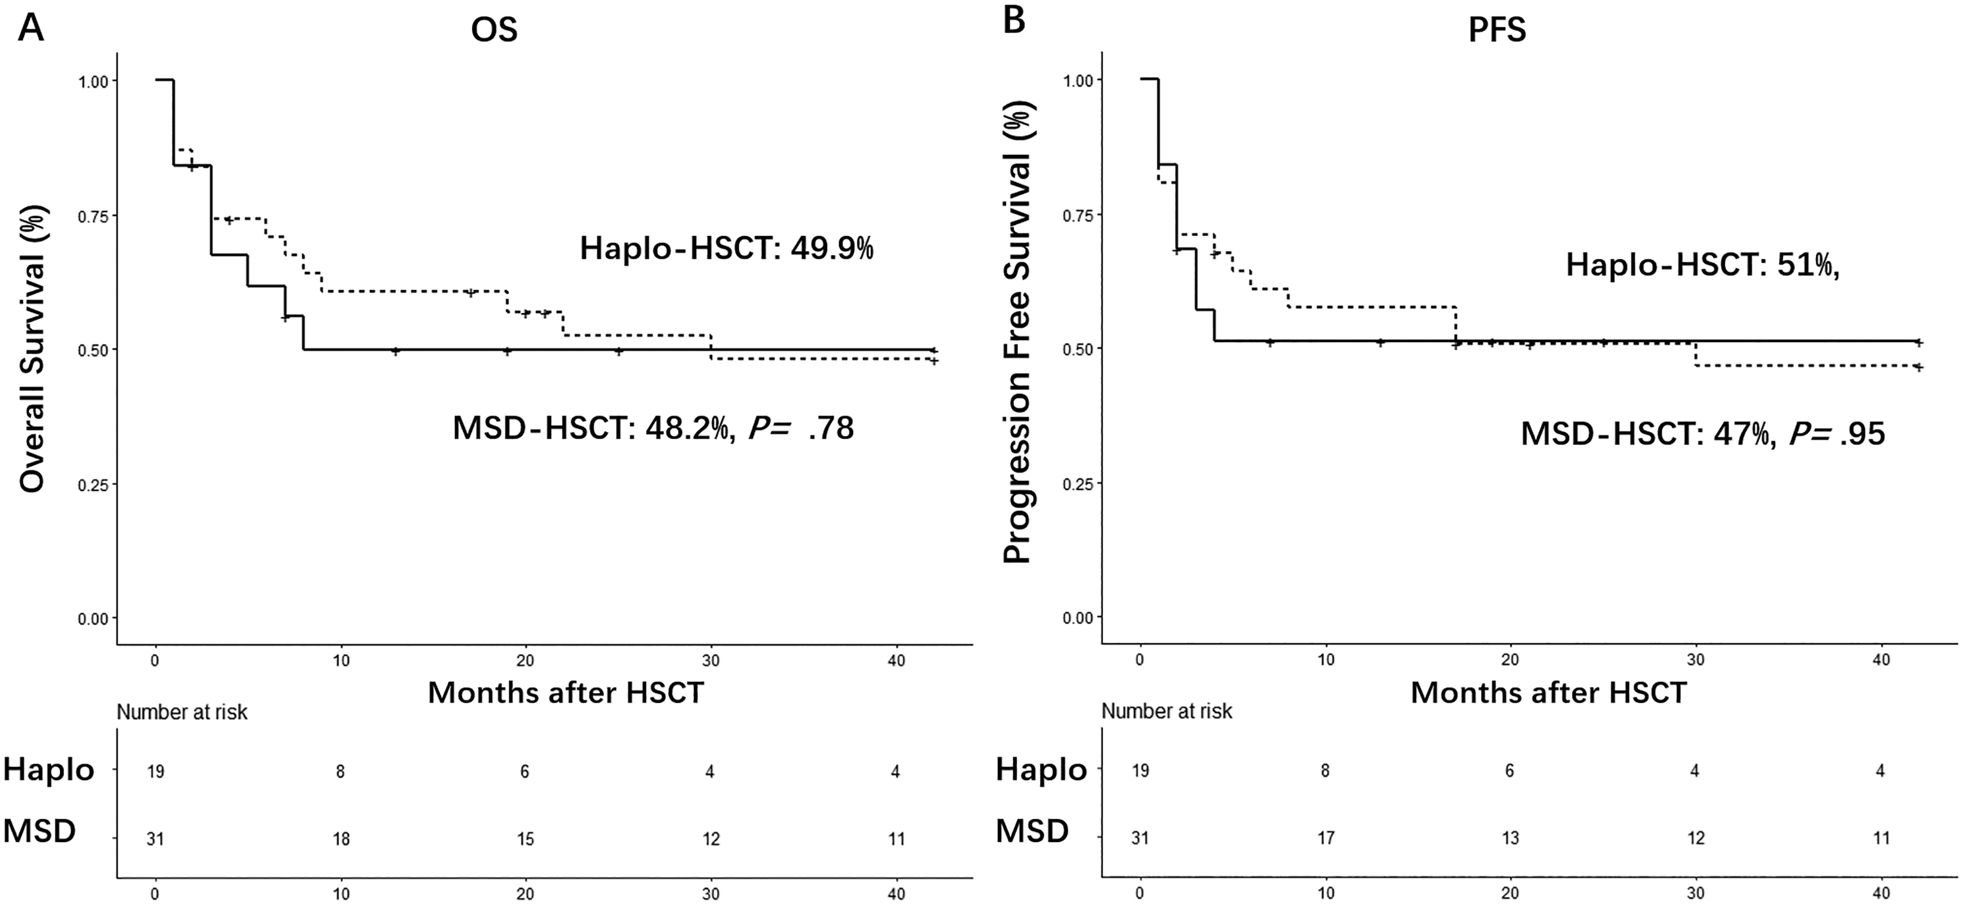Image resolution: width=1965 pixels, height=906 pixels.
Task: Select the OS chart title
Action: [x=494, y=30]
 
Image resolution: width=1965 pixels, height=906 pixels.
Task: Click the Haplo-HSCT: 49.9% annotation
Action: [x=727, y=248]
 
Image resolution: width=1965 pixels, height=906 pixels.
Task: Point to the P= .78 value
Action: [x=801, y=428]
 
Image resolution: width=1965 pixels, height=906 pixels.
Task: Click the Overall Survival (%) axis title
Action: [x=32, y=348]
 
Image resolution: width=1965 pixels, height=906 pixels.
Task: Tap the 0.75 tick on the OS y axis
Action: [x=93, y=215]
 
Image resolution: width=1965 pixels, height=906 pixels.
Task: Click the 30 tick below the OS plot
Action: [x=711, y=660]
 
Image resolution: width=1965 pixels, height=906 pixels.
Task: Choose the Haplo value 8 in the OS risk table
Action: [x=340, y=772]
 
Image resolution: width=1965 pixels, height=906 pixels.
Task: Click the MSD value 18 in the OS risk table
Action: [x=340, y=839]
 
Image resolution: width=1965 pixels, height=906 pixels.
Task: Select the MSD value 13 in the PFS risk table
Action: [x=1510, y=838]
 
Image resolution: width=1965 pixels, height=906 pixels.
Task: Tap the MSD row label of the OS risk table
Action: [x=40, y=830]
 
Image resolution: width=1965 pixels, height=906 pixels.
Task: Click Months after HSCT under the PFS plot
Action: [x=1548, y=693]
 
